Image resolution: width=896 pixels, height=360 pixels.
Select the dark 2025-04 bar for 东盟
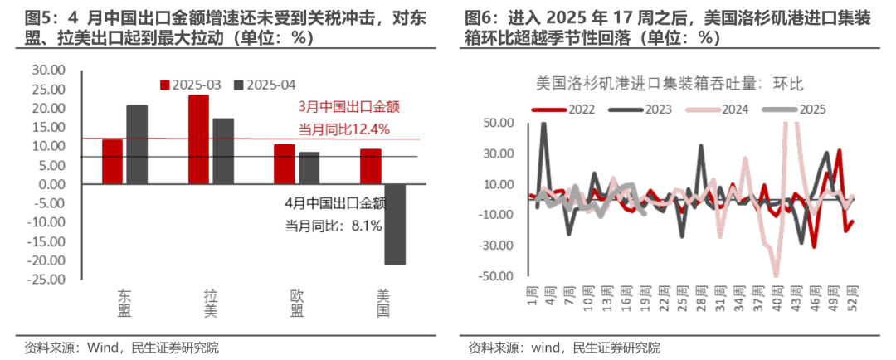137,144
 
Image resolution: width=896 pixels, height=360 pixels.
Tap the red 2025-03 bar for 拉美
198,139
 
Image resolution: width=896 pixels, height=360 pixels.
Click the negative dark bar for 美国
395,224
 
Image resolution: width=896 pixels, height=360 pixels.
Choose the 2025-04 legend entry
265,85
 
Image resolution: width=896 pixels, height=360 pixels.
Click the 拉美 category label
211,303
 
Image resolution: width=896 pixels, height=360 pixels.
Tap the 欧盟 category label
296,303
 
